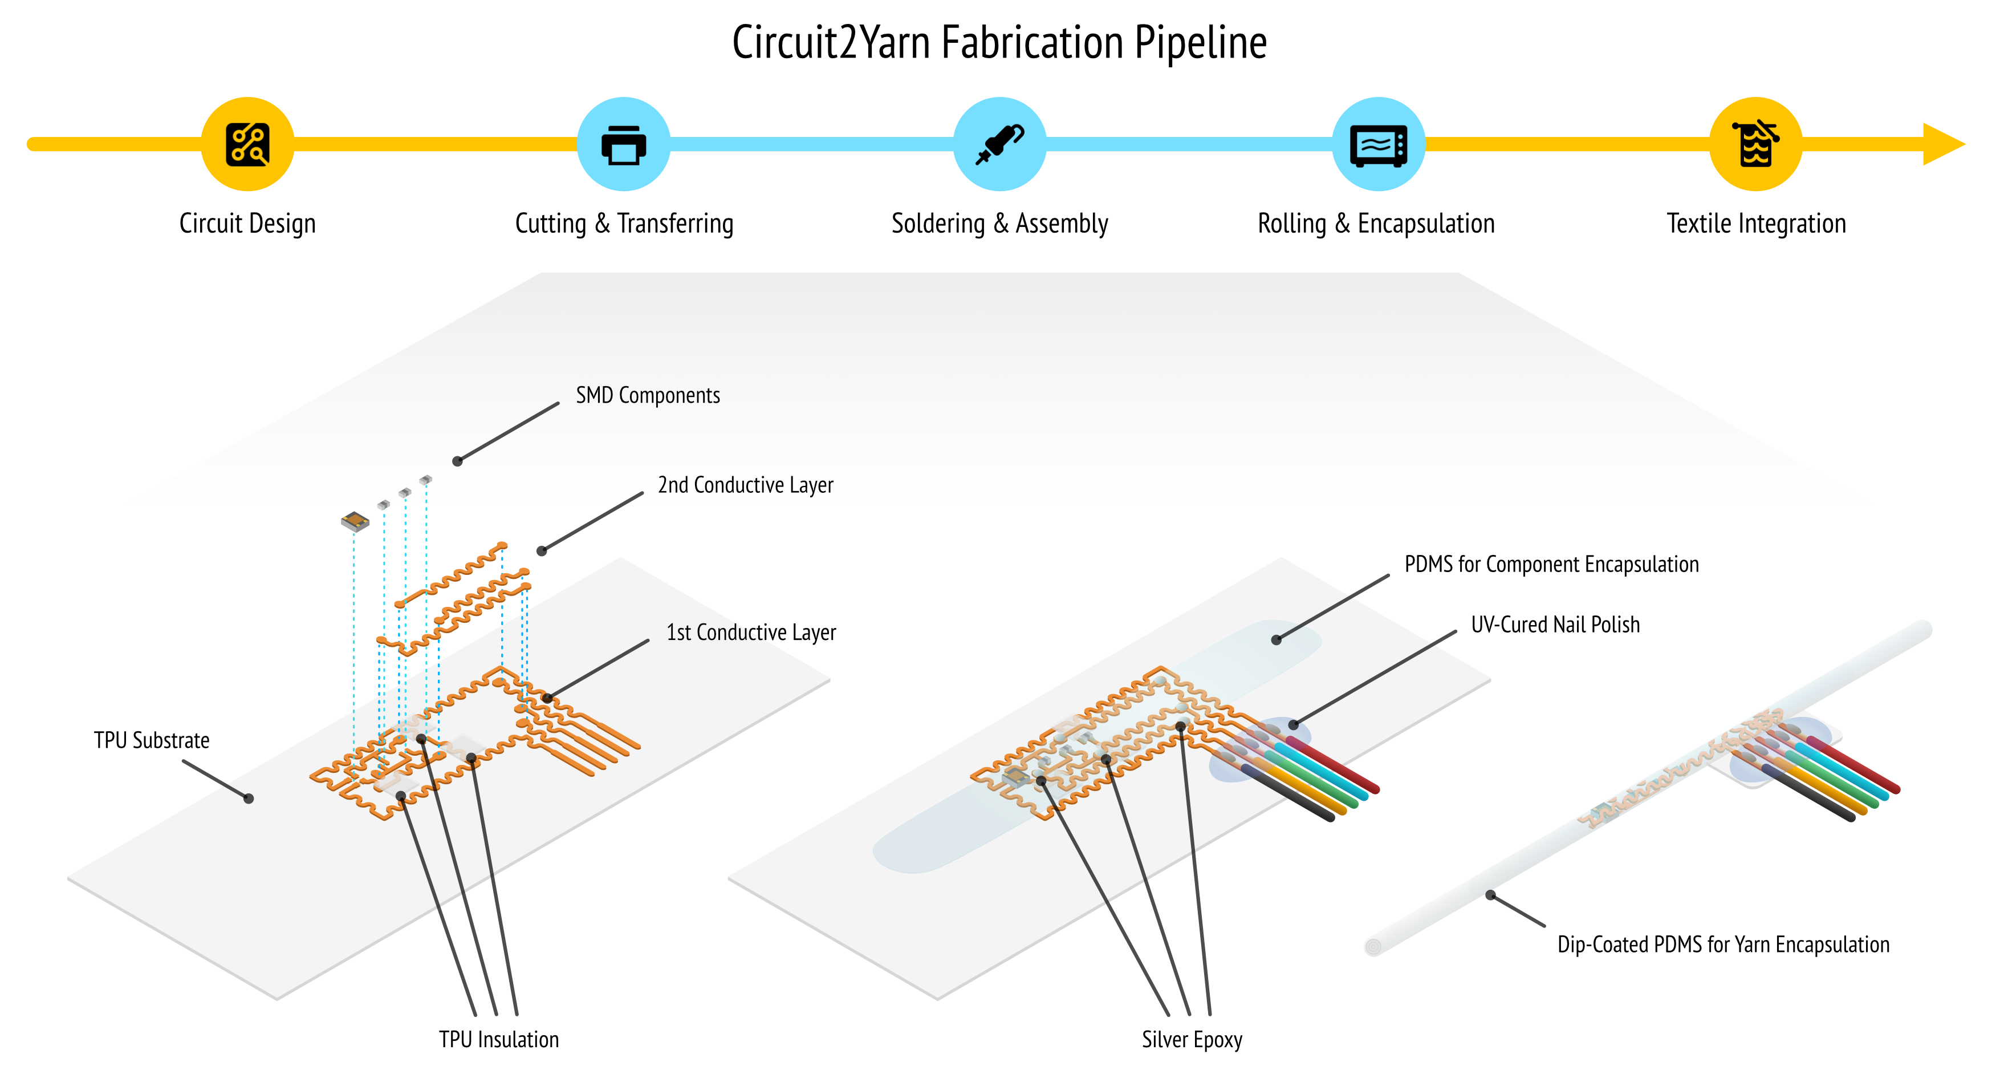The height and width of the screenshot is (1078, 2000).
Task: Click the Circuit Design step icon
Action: [x=247, y=144]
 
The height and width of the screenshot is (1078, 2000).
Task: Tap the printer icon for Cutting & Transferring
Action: [x=624, y=144]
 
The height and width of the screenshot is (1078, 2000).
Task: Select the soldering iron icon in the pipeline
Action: [x=999, y=144]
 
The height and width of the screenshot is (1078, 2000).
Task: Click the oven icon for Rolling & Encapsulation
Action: [x=1378, y=144]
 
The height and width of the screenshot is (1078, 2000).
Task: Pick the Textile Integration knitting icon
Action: [x=1755, y=144]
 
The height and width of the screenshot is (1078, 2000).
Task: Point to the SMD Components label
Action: [x=648, y=395]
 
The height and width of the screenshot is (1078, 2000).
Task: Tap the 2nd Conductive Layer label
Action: [x=745, y=485]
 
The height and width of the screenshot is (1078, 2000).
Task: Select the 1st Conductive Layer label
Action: [x=751, y=632]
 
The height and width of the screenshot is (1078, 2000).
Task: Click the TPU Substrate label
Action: [x=152, y=740]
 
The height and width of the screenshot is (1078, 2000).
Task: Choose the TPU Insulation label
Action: [x=498, y=1039]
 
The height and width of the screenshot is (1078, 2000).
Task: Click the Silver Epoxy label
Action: [x=1192, y=1039]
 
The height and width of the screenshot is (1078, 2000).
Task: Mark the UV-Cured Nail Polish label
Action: [x=1555, y=625]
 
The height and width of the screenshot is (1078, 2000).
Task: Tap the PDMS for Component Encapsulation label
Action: [x=1551, y=564]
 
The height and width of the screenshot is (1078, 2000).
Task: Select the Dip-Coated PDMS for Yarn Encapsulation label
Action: [x=1723, y=945]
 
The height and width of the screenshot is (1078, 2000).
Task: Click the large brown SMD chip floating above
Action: [x=355, y=520]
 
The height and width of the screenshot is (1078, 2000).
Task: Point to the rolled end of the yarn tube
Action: [x=1373, y=947]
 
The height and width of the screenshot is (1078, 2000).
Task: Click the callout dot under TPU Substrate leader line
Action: [x=249, y=799]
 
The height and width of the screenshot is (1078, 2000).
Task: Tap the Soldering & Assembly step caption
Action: [x=999, y=224]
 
